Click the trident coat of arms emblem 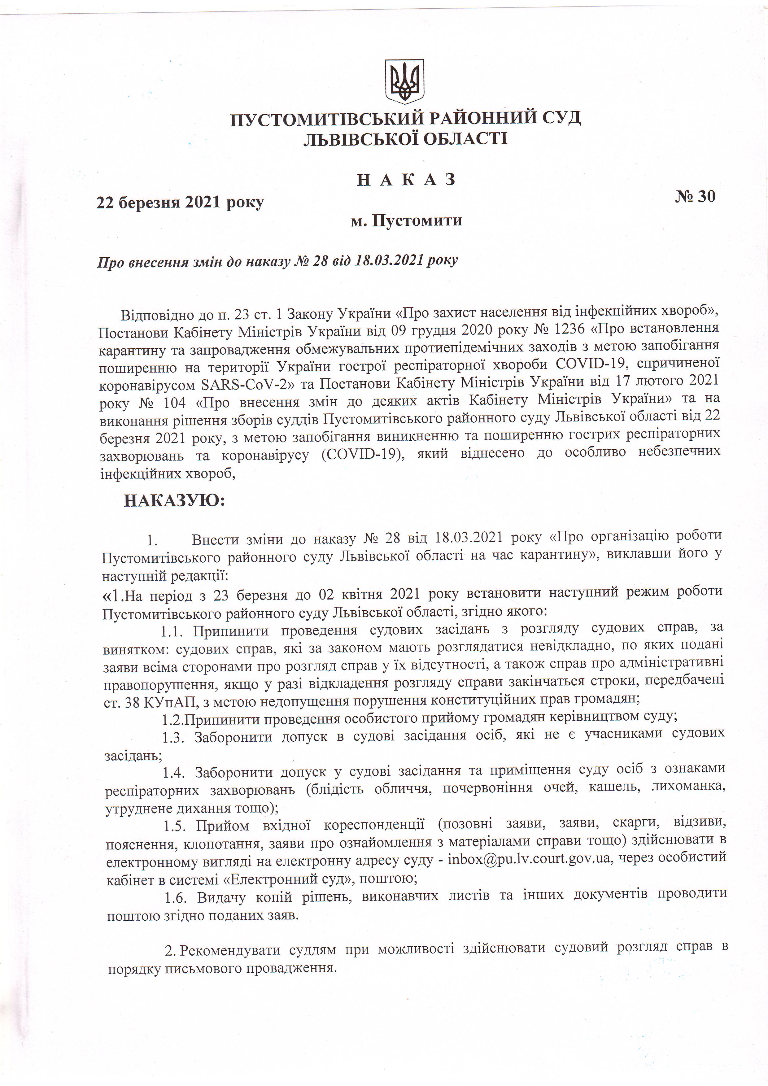[x=404, y=81]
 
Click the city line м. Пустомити [x=406, y=220]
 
